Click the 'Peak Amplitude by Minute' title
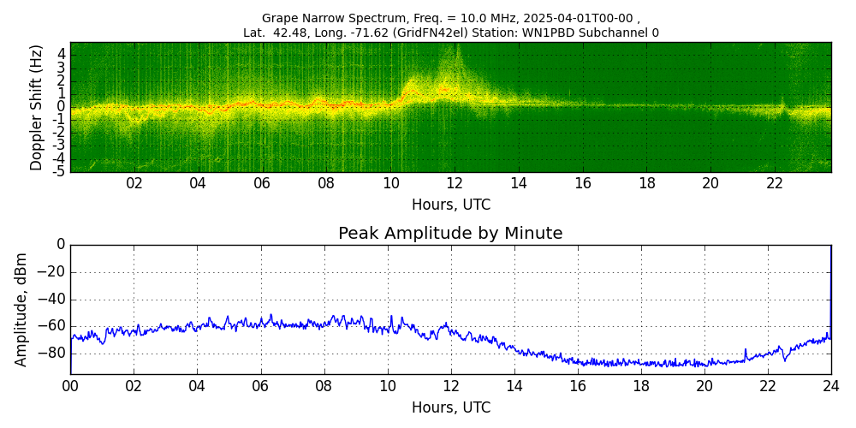tap(450, 234)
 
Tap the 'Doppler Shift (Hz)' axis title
tap(37, 107)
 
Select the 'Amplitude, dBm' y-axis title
tap(22, 309)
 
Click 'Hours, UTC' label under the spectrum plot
tap(451, 205)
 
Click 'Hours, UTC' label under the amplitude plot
tap(451, 407)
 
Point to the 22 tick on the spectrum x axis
tap(775, 183)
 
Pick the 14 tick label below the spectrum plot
tap(519, 183)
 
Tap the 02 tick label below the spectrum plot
tap(134, 183)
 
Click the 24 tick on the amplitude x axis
tap(831, 385)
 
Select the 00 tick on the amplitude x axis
tap(70, 385)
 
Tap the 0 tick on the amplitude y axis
tap(60, 245)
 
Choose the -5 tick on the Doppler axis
tap(59, 170)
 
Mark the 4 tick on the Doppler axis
tap(62, 53)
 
